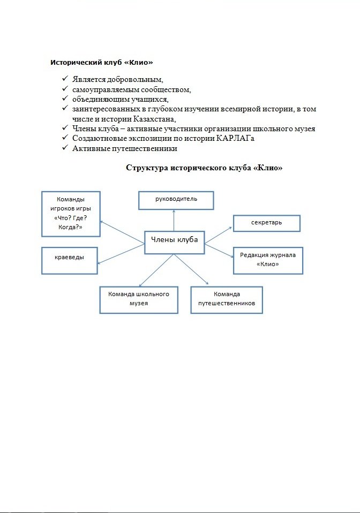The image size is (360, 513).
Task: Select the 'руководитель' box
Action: [x=176, y=200]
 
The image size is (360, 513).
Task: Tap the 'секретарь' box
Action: [x=266, y=223]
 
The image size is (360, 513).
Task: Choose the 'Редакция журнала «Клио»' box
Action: [x=268, y=260]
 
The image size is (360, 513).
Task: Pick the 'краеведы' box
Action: [x=70, y=261]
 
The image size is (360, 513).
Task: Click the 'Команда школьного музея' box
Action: [x=139, y=299]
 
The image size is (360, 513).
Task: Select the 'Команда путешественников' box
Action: [x=227, y=299]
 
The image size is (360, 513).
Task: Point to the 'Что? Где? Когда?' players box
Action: [x=70, y=214]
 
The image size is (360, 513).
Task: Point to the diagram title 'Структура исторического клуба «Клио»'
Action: [x=204, y=168]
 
